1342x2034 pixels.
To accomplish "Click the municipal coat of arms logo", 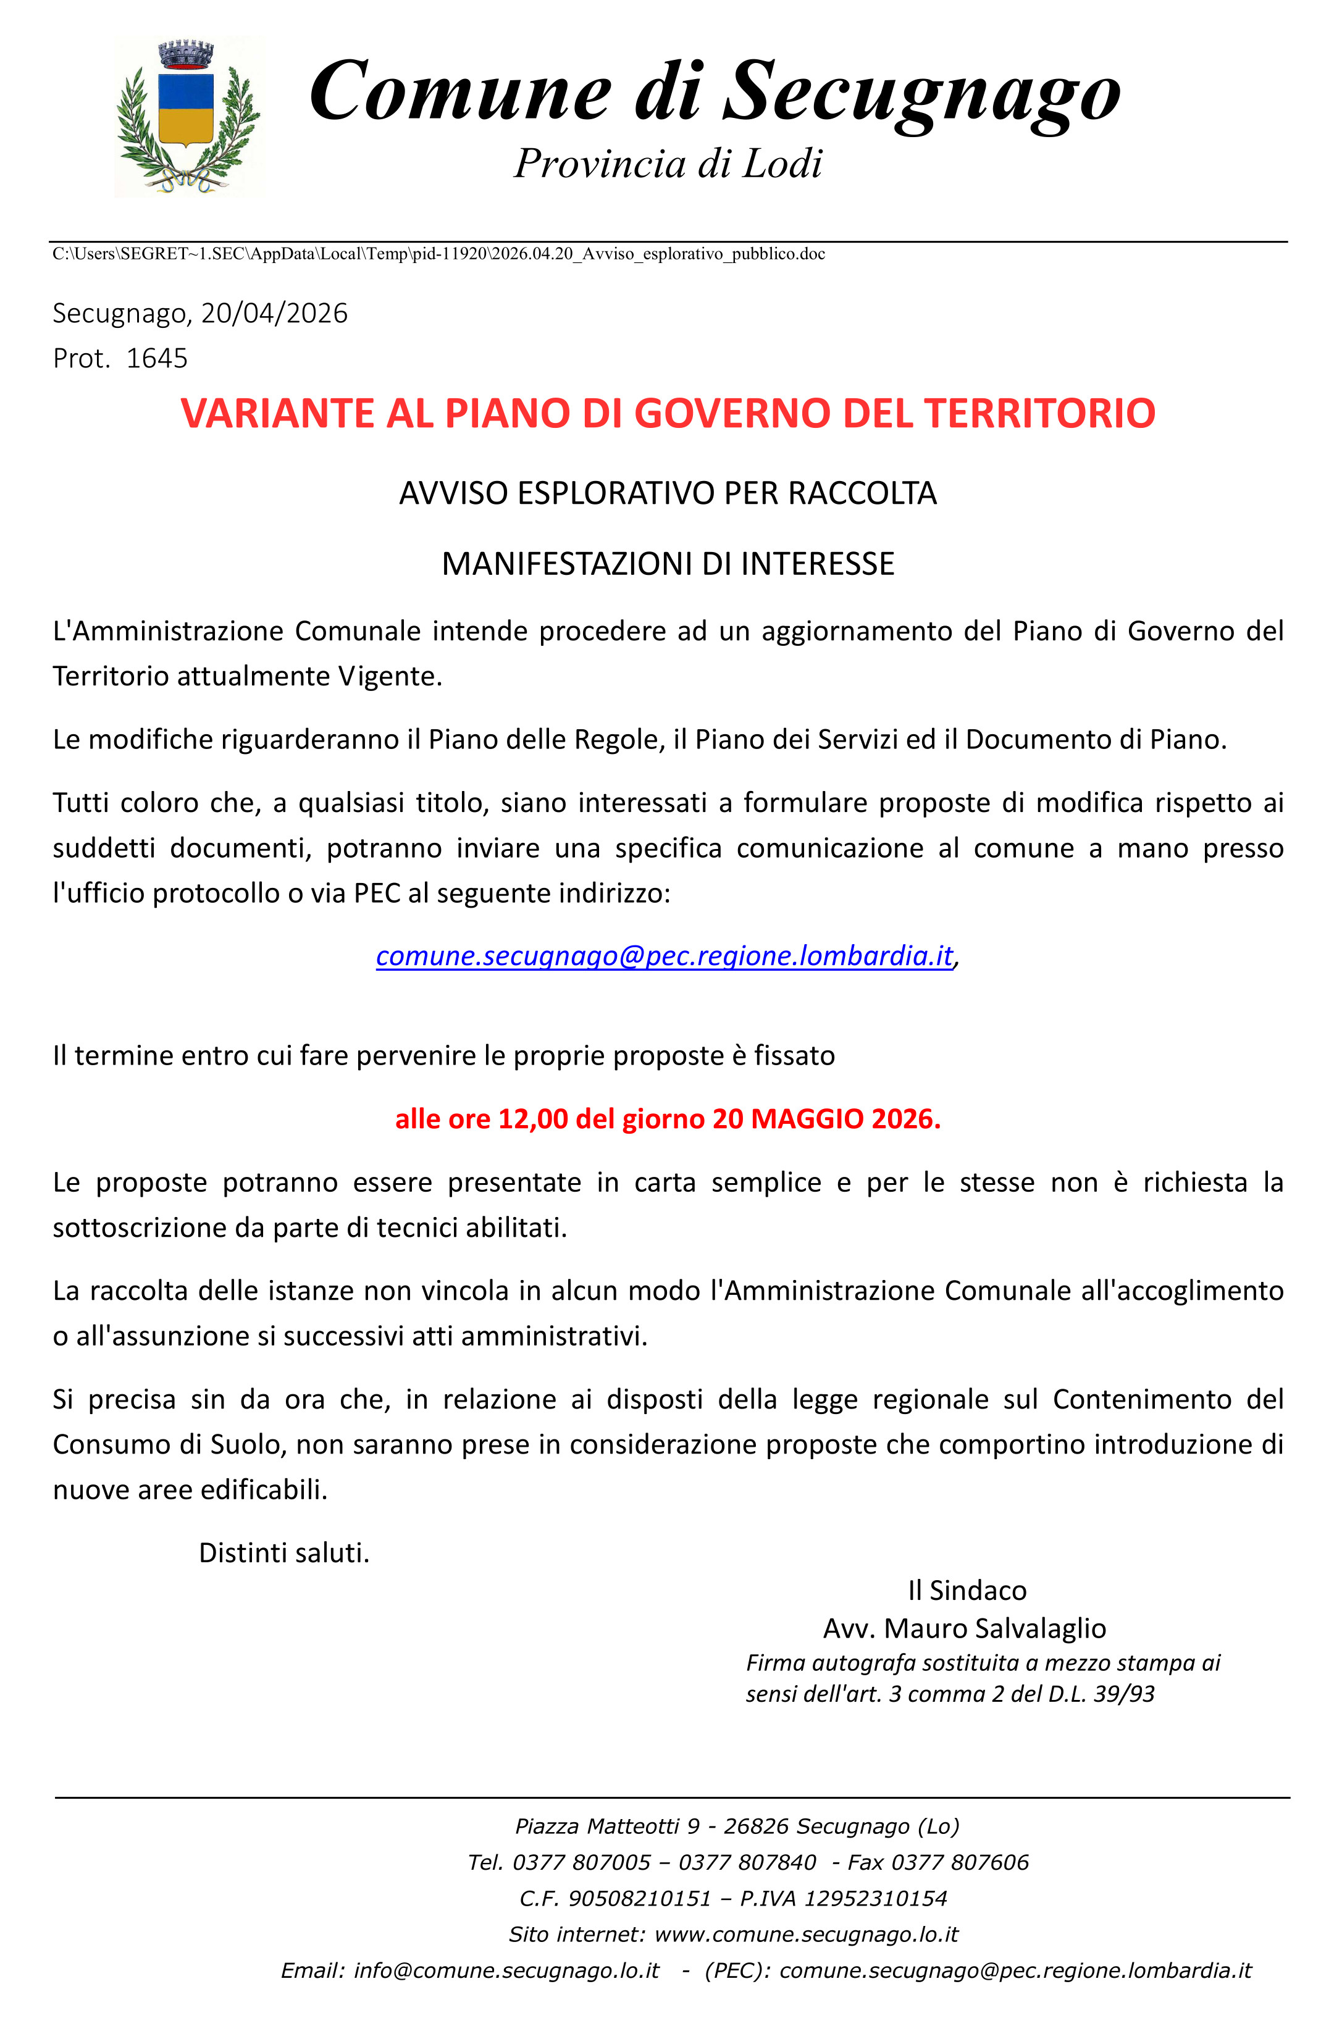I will pos(189,117).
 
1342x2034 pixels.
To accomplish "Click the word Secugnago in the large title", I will pos(922,93).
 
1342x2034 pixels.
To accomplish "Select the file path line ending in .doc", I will pos(439,253).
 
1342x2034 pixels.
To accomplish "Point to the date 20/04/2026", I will pos(274,313).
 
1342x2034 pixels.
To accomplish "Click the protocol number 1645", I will pos(157,358).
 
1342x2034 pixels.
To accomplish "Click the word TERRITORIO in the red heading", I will pos(1040,413).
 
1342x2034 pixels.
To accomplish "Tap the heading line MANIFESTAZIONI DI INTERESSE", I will pos(668,564).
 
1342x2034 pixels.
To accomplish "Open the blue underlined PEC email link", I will pos(664,955).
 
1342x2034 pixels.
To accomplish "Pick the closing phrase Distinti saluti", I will pos(284,1552).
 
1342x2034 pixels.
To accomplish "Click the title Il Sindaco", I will pos(967,1590).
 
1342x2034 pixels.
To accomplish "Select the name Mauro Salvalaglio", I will pos(994,1628).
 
